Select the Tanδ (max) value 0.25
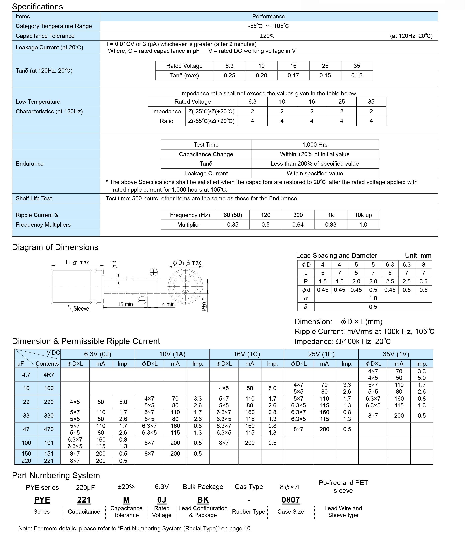229,76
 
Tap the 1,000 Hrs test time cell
315,145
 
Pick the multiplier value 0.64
298,225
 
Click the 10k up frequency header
363,215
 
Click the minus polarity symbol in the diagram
142,300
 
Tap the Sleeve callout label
81,308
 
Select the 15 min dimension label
125,304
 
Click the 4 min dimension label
168,304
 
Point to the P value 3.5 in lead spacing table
423,281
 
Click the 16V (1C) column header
247,354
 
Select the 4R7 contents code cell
49,375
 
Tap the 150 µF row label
26,453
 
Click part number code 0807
291,500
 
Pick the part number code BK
203,500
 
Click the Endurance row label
30,164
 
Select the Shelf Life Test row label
34,198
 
